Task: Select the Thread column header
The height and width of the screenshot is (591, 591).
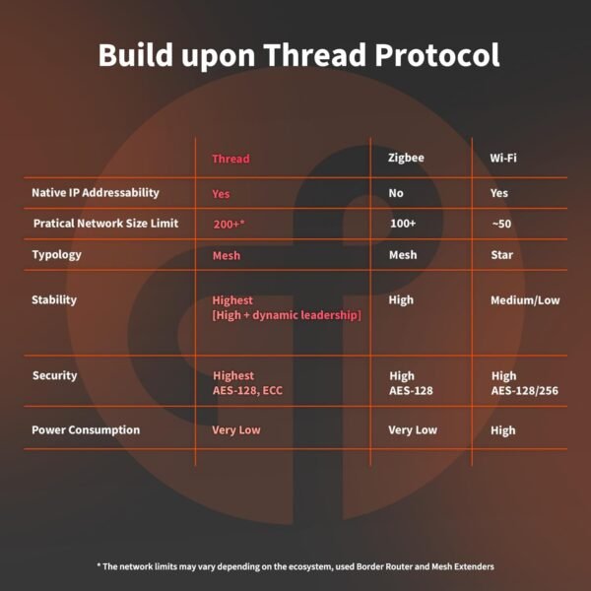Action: (x=230, y=159)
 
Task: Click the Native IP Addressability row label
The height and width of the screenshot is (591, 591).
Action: (x=95, y=193)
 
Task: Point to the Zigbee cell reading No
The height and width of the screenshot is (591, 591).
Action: (x=396, y=193)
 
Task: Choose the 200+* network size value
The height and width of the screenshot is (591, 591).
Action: (x=229, y=224)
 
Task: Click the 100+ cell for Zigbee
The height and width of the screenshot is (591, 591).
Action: (x=403, y=224)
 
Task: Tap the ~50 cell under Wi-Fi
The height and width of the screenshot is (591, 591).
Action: (x=501, y=224)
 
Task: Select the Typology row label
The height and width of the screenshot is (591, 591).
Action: (x=56, y=254)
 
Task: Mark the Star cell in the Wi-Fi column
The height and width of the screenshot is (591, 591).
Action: (x=501, y=255)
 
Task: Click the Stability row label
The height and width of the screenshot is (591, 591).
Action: (x=54, y=299)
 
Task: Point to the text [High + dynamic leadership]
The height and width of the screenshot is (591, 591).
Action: (x=287, y=315)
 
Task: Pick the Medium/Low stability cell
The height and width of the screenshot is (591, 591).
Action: (x=525, y=300)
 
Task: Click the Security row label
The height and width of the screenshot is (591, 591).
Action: (x=54, y=375)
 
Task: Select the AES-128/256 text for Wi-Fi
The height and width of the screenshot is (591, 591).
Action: (x=525, y=391)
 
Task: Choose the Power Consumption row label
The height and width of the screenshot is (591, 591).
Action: (x=86, y=429)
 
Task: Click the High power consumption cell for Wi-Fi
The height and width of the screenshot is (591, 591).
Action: (x=502, y=430)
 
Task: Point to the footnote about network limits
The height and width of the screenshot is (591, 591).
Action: (x=295, y=566)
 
